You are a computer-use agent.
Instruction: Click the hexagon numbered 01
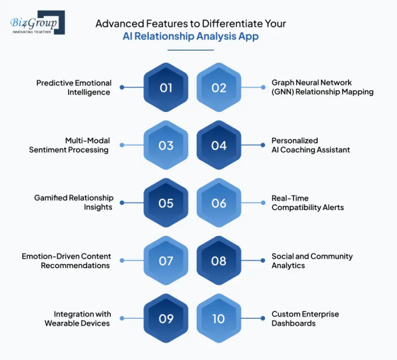click(166, 88)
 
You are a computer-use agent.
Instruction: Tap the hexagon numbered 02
click(219, 88)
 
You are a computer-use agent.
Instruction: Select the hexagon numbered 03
click(166, 146)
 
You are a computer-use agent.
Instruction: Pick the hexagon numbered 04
click(219, 146)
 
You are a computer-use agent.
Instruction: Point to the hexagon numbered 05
click(166, 203)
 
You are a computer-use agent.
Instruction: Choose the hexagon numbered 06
click(219, 203)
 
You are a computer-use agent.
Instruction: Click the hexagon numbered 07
click(166, 261)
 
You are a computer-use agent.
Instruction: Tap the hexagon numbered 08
click(219, 261)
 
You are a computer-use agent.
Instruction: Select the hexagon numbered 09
click(166, 318)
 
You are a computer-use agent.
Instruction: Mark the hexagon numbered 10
click(219, 318)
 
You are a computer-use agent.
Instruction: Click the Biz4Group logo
click(37, 23)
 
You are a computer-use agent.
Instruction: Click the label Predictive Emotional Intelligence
click(73, 88)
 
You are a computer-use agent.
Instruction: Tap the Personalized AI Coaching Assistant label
click(310, 145)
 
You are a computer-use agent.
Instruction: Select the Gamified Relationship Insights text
click(73, 203)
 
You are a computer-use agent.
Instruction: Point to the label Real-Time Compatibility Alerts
click(308, 203)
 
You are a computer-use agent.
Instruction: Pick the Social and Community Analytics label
click(312, 261)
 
